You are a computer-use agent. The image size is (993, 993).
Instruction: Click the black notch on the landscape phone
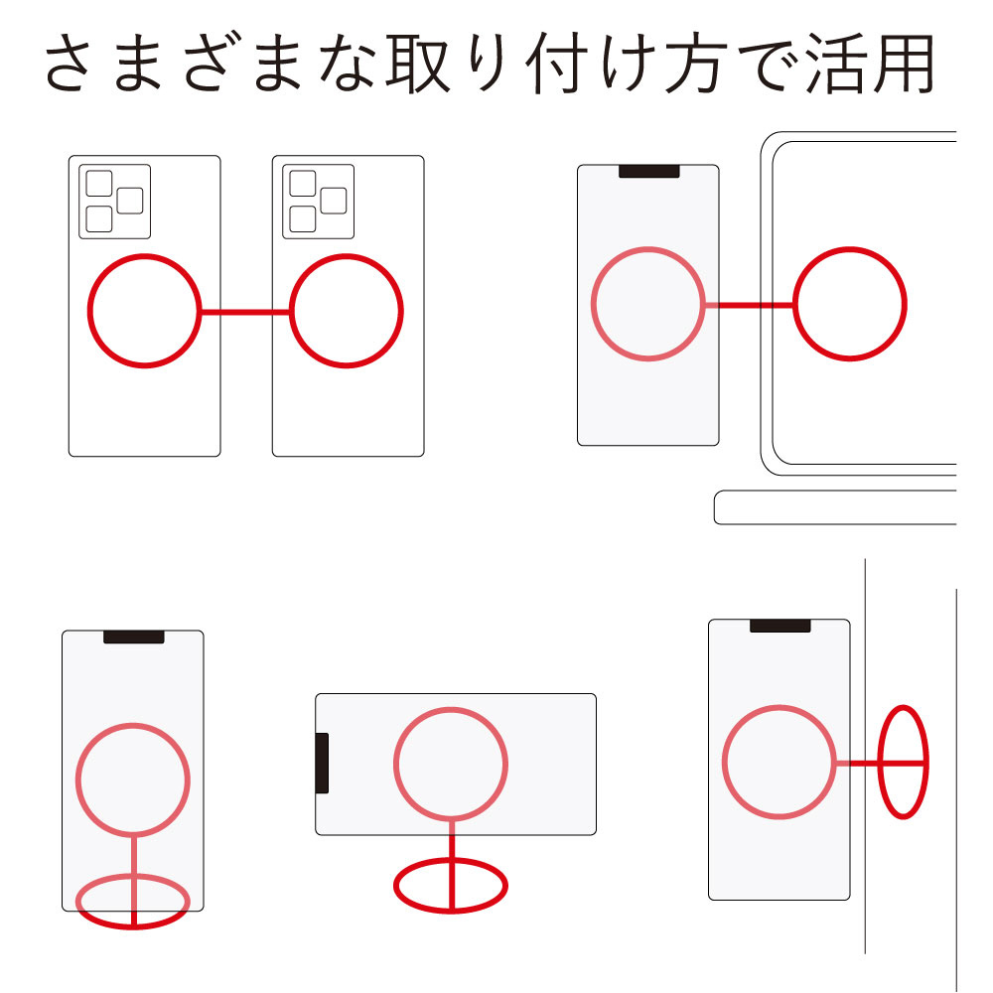[x=323, y=763]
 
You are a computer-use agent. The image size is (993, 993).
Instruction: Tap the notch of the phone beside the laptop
[x=649, y=171]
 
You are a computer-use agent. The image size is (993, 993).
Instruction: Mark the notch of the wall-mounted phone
[x=780, y=626]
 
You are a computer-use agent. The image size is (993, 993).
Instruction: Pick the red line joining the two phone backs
[x=245, y=312]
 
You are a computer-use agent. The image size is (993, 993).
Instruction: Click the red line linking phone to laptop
[x=749, y=305]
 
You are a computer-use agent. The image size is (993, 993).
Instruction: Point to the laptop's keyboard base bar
[x=835, y=507]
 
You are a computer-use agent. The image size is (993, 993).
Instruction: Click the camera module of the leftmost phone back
[x=114, y=202]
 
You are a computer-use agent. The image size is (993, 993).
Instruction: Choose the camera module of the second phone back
[x=318, y=202]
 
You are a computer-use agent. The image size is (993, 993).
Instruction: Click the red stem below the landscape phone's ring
[x=452, y=865]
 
